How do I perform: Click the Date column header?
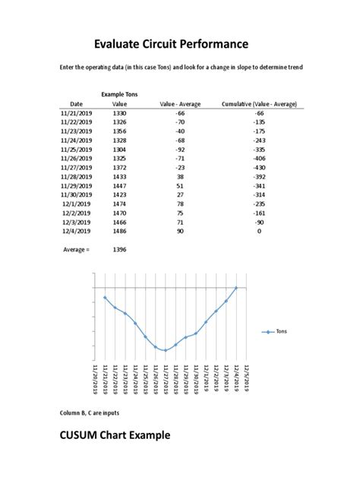76,103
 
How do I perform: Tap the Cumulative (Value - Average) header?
258,103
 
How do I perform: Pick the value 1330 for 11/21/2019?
119,112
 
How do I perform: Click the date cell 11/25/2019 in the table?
76,150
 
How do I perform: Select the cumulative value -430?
259,167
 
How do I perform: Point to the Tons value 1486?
119,231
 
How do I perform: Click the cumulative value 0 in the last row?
259,231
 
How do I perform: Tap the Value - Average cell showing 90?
180,231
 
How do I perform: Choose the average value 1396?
119,248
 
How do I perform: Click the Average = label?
76,248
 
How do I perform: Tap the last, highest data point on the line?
236,288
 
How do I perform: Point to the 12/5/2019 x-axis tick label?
246,377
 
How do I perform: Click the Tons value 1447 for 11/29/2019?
119,185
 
